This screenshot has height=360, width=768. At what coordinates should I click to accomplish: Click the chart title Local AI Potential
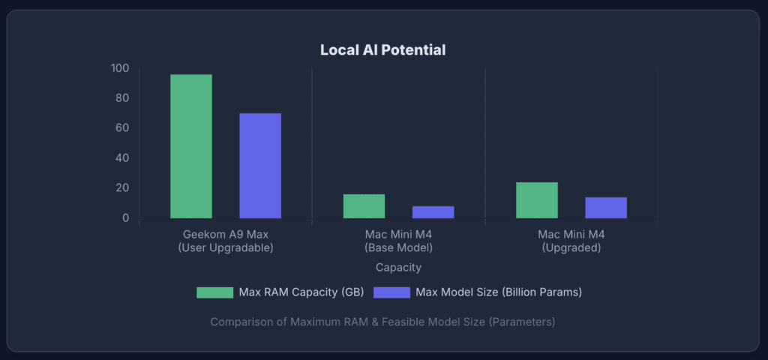[383, 50]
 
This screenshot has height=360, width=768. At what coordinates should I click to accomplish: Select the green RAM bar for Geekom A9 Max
[191, 146]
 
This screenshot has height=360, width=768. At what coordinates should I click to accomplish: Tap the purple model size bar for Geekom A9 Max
[260, 166]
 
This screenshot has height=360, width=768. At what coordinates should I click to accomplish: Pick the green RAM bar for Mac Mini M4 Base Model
[364, 206]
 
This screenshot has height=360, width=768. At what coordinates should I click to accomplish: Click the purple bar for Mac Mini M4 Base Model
[433, 212]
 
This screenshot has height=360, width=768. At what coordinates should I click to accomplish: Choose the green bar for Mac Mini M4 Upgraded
[537, 200]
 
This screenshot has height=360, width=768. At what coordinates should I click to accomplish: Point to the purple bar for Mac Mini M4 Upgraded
[606, 208]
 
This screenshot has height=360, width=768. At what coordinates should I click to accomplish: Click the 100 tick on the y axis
[120, 68]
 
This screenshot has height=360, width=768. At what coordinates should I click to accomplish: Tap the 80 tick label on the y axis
[123, 98]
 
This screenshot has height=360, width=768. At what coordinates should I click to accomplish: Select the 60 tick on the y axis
[123, 128]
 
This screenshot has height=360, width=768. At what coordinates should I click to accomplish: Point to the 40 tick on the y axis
[123, 158]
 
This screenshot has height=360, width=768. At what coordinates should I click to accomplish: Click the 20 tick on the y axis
[123, 188]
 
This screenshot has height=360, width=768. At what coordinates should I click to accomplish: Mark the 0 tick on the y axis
[126, 218]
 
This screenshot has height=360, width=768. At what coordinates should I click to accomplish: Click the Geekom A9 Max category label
[226, 234]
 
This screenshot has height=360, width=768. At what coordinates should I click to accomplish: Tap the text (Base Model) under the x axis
[398, 247]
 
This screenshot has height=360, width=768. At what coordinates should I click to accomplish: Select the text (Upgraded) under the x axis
[571, 247]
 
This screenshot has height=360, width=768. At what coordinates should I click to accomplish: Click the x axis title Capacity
[398, 267]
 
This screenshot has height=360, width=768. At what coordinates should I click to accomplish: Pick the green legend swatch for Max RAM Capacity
[214, 292]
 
